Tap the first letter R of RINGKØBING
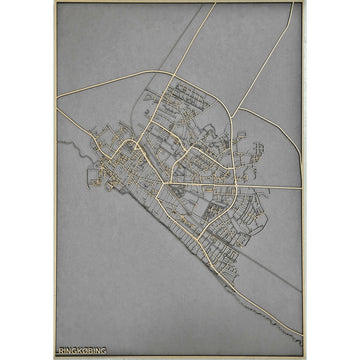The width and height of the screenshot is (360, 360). click(62, 350)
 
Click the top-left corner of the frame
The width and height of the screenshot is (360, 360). click(56, 3)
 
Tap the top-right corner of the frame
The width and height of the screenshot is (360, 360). click(305, 3)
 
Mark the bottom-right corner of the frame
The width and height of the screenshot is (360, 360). click(305, 356)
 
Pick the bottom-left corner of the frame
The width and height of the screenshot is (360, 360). click(56, 356)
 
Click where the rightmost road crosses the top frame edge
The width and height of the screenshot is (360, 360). click(292, 3)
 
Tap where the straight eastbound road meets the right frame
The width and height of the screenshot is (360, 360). click(304, 187)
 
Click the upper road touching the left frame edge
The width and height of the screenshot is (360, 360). click(57, 96)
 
